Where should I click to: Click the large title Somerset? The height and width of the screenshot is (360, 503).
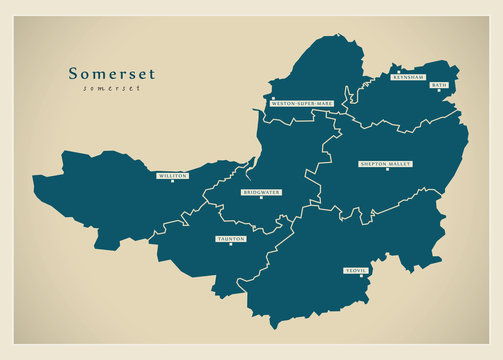click(111, 73)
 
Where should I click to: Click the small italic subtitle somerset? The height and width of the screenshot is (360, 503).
click(111, 89)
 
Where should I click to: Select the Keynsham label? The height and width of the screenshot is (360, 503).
click(409, 77)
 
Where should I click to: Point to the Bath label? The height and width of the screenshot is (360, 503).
click(438, 86)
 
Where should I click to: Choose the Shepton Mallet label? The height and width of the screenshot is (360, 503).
click(386, 163)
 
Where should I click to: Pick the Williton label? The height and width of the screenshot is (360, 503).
click(172, 175)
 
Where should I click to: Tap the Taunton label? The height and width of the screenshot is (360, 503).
click(231, 239)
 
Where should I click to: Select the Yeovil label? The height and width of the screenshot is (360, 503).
click(356, 270)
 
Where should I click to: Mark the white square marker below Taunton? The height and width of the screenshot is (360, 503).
click(231, 246)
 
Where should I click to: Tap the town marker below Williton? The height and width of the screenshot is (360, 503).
click(172, 182)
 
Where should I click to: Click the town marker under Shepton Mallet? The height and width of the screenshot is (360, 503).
click(386, 170)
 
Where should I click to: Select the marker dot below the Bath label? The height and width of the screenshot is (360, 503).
click(438, 93)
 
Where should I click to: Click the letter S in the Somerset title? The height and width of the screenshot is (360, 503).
click(73, 73)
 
